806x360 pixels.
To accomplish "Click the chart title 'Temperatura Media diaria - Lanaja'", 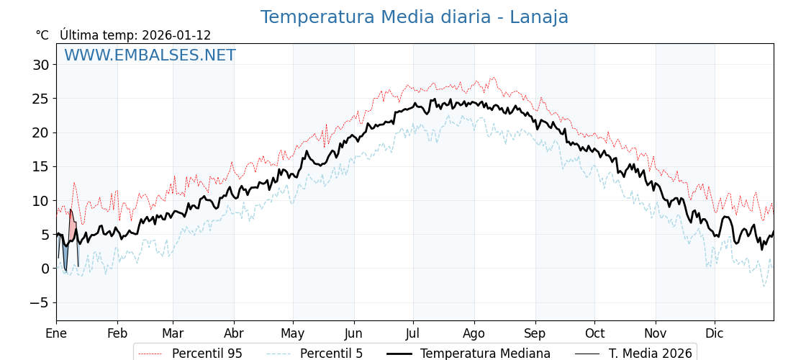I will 414,17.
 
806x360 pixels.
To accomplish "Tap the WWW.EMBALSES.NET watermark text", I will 150,55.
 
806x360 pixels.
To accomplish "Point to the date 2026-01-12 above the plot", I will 176,35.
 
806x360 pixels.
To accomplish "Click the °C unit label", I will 42,35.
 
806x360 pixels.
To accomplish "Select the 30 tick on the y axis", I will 40,65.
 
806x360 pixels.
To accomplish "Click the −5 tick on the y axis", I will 39,302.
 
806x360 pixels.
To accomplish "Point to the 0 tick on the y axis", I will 45,269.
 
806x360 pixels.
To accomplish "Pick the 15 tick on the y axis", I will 40,166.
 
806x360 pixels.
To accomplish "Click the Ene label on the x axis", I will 56,333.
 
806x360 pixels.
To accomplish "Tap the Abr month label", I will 234,333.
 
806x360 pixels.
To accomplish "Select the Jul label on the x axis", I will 413,333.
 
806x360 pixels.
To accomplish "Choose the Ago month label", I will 474,333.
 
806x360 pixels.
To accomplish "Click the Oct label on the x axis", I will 594,333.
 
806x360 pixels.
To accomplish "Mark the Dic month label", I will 715,333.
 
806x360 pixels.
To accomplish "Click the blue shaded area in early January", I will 65,256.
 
